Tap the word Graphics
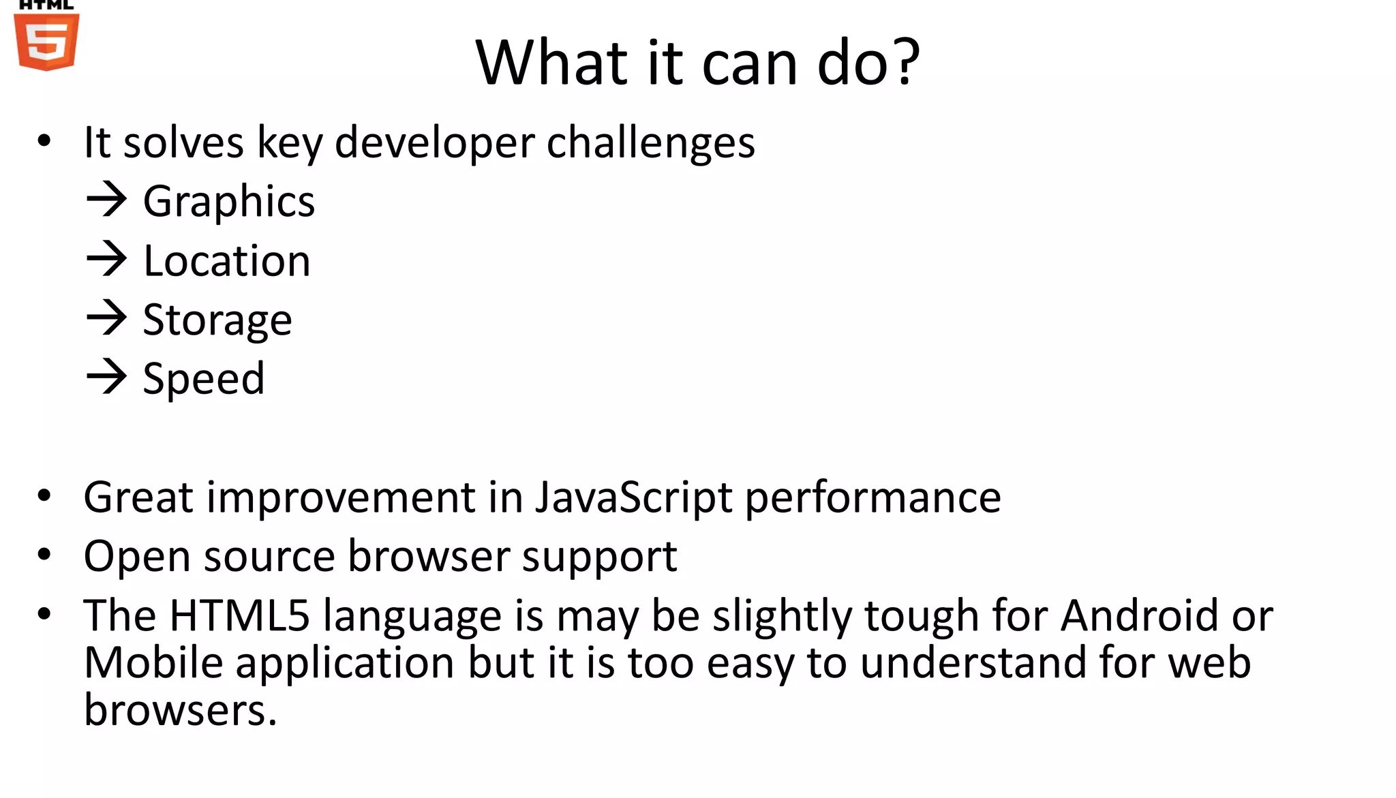click(229, 202)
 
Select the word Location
click(227, 261)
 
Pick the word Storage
click(217, 320)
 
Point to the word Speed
click(203, 379)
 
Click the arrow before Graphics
click(106, 200)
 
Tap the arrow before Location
click(106, 259)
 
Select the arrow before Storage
click(106, 318)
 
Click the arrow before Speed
click(106, 377)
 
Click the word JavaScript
click(633, 497)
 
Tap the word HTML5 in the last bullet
click(239, 615)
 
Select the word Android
click(1139, 615)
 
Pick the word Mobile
click(153, 662)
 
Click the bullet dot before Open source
click(44, 555)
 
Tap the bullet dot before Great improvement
click(44, 496)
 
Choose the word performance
click(872, 497)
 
